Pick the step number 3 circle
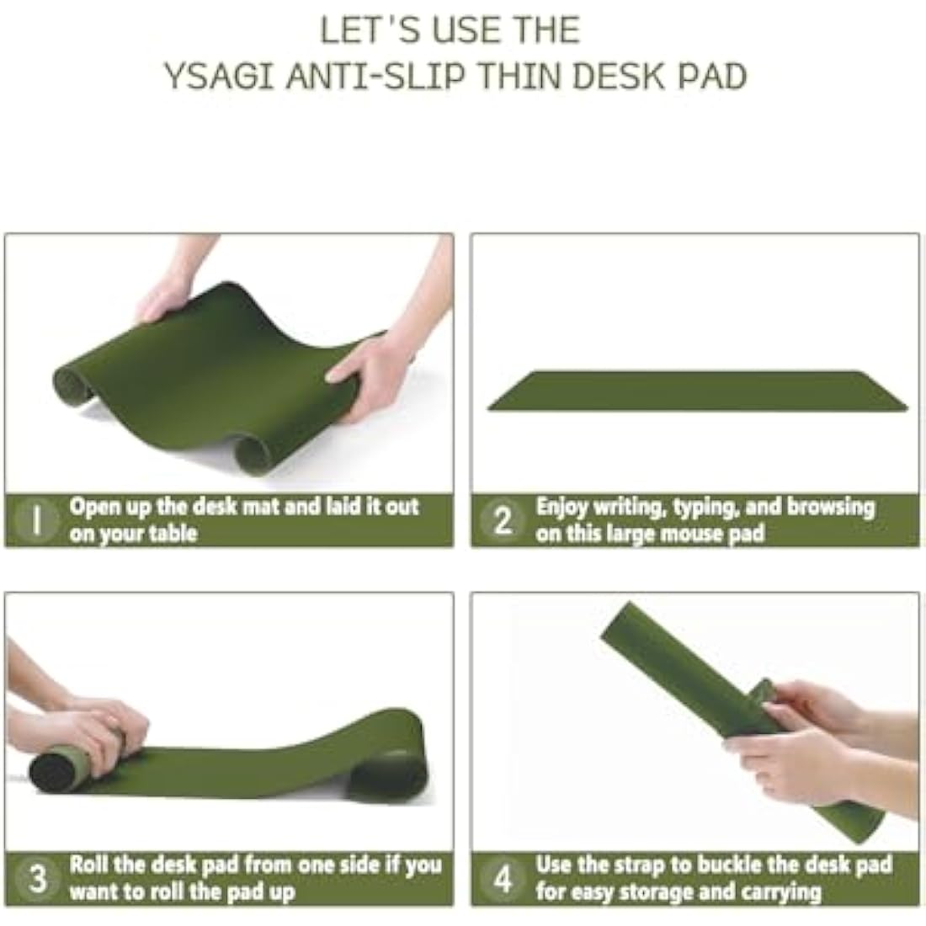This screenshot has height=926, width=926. pyautogui.click(x=37, y=879)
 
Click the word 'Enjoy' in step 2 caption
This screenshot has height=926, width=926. pyautogui.click(x=561, y=508)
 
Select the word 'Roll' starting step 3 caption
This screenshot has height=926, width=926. pyautogui.click(x=88, y=865)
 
